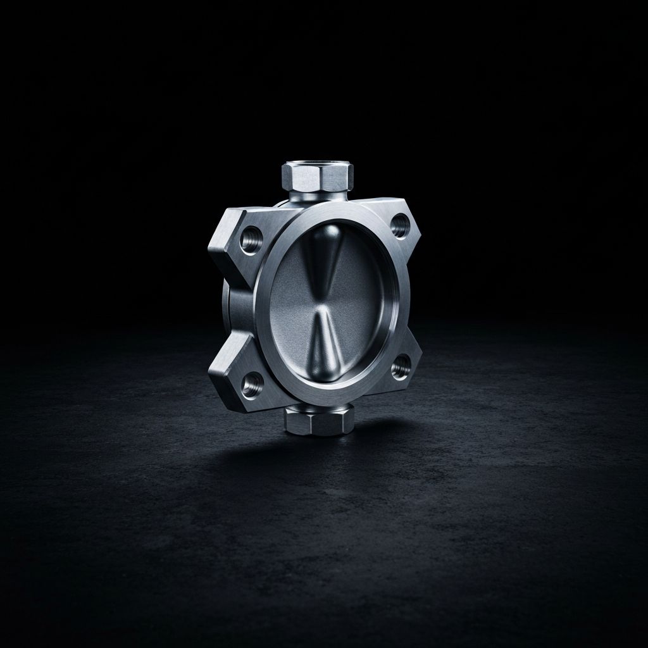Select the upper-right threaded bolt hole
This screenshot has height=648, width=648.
(x=399, y=225)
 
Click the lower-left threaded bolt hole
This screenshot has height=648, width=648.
(x=252, y=382)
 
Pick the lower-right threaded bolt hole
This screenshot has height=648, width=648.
(x=400, y=366)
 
